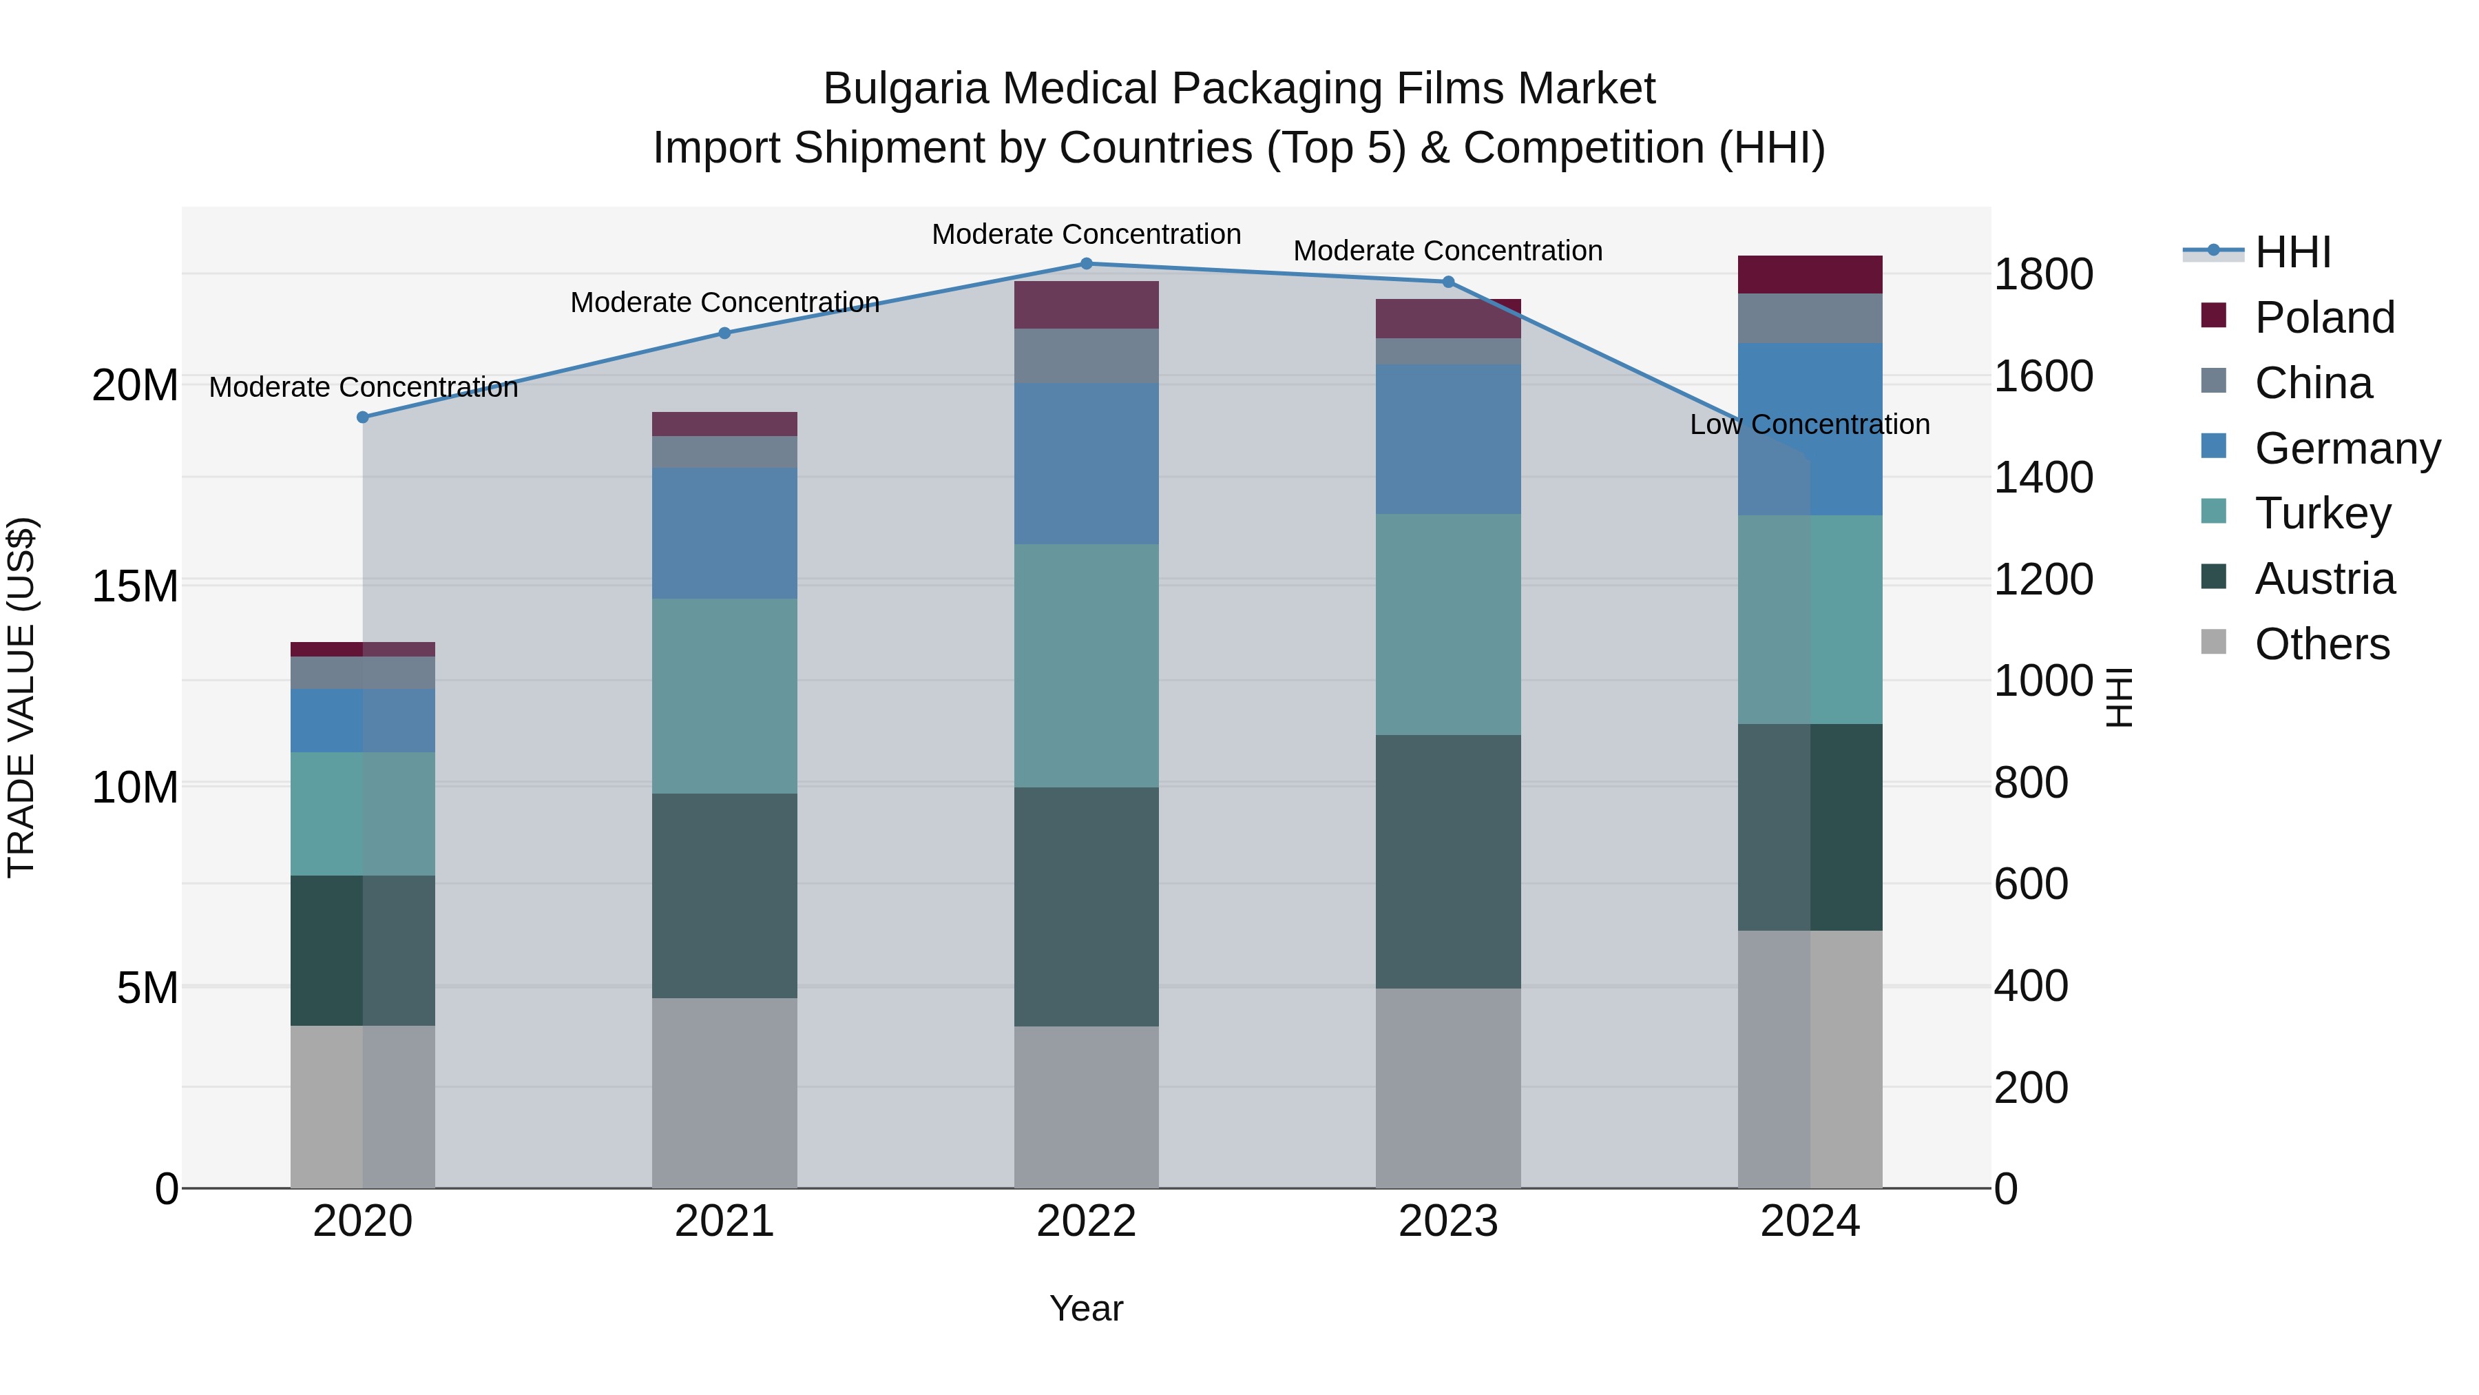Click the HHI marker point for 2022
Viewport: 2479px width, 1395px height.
[1087, 263]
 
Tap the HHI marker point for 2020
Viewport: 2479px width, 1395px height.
[363, 417]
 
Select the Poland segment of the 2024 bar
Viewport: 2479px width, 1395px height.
[1809, 274]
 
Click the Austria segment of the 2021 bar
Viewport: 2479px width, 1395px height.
[724, 896]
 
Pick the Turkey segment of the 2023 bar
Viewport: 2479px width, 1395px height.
[1447, 624]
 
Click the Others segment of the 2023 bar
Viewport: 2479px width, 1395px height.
[1447, 1088]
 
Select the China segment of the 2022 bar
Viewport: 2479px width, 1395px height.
[1087, 355]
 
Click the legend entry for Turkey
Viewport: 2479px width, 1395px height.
[2322, 513]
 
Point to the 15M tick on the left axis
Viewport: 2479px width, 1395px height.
[135, 586]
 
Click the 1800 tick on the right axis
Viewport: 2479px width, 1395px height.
[2042, 274]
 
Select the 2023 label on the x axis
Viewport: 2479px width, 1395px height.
[1447, 1221]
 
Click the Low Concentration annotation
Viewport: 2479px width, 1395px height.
[1809, 424]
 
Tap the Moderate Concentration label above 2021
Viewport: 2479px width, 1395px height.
[724, 302]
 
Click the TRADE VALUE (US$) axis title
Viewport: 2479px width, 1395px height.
[21, 697]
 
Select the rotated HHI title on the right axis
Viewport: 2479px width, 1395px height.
[2119, 697]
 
